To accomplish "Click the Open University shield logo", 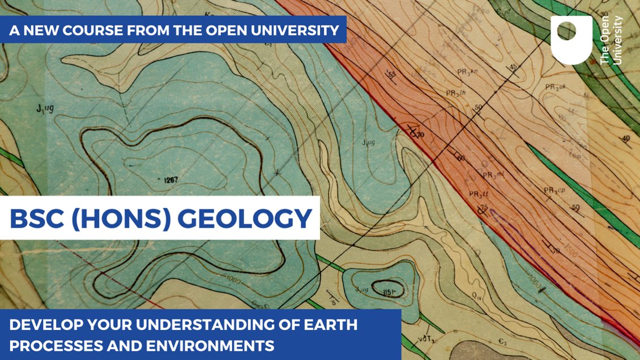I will point(571,40).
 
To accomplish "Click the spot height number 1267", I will point(170,181).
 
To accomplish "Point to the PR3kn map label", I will point(468,71).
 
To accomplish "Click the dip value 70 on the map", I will point(420,134).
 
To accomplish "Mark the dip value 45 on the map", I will point(514,67).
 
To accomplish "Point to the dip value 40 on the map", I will point(625,138).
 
